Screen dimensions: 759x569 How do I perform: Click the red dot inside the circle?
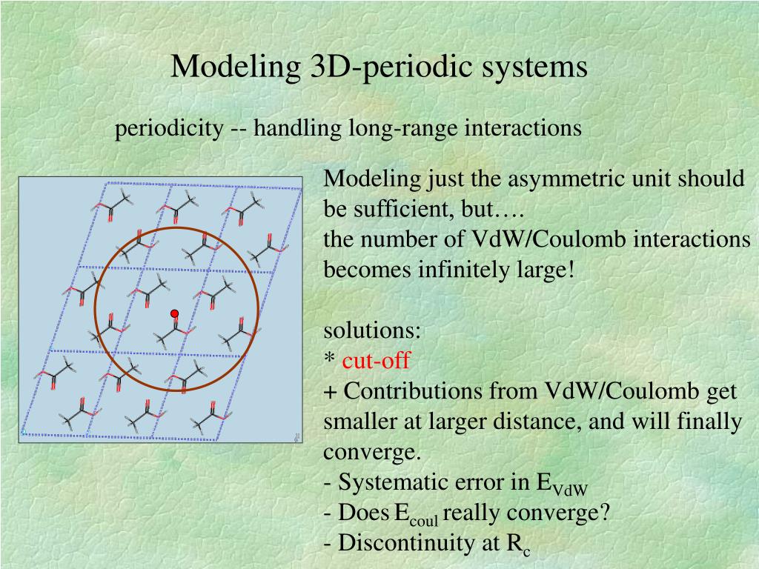click(x=175, y=313)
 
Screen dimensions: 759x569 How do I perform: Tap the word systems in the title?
click(x=534, y=66)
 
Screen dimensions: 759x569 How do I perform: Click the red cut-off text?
click(x=376, y=361)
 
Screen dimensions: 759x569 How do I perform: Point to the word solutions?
click(x=372, y=330)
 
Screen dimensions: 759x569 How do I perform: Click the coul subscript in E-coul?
click(x=423, y=521)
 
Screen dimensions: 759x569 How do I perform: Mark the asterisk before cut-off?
click(x=330, y=359)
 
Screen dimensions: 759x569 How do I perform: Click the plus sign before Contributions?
click(x=330, y=391)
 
